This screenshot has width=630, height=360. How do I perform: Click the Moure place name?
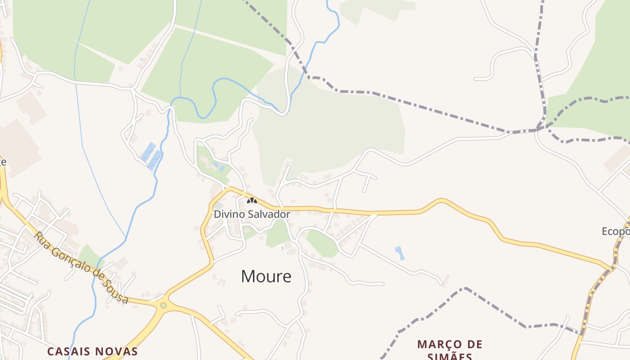click(266, 276)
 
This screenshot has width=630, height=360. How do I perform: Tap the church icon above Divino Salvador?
click(252, 201)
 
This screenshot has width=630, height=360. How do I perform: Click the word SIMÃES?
click(450, 357)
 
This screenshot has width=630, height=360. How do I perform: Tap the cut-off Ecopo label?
click(616, 231)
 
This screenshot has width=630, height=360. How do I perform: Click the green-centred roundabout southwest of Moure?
click(163, 305)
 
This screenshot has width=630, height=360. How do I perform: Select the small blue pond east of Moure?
click(399, 252)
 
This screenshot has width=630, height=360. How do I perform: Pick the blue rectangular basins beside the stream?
click(152, 156)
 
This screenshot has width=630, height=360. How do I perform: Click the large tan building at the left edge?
click(18, 146)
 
